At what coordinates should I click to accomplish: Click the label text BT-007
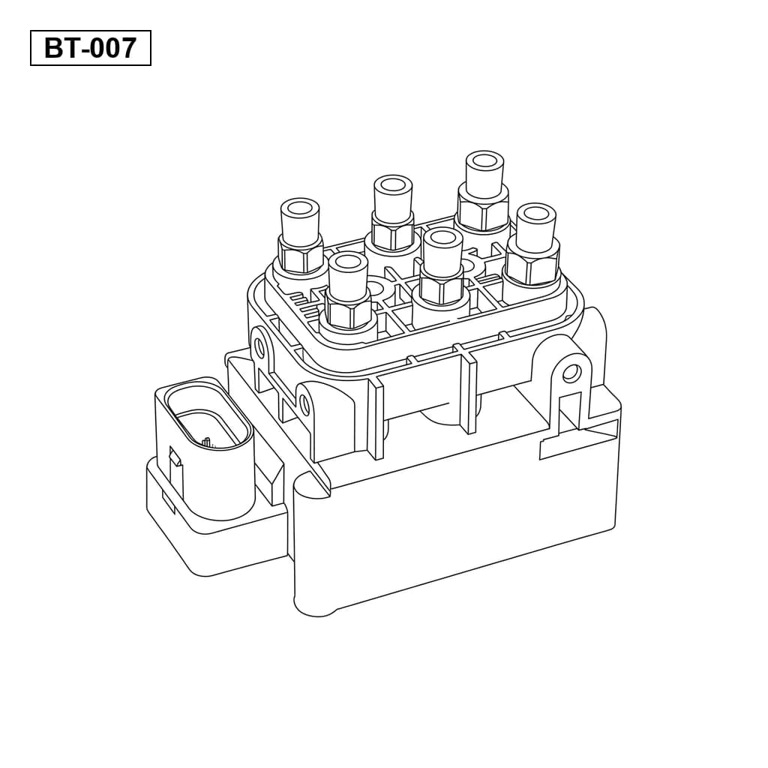[90, 48]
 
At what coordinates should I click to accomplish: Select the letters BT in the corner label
[59, 48]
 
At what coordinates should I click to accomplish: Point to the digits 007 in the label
[112, 48]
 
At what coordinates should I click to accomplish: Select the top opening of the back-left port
[300, 208]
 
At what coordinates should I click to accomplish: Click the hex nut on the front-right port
[533, 261]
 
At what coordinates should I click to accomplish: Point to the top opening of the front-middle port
[443, 238]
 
